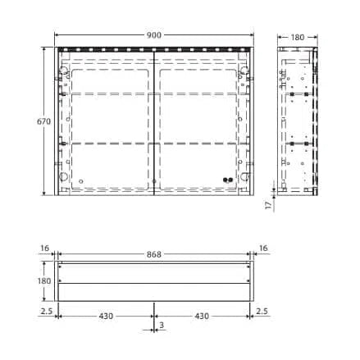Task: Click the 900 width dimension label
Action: [x=154, y=35]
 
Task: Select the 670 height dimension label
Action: [x=43, y=121]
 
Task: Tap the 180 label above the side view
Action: [x=298, y=37]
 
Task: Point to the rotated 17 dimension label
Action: [x=269, y=205]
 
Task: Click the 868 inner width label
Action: [x=154, y=254]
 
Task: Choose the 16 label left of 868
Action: [x=44, y=248]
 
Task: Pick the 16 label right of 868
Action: [x=263, y=248]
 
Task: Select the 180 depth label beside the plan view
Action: [x=44, y=281]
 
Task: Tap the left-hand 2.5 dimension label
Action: [x=47, y=311]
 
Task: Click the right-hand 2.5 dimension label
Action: [x=262, y=311]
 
